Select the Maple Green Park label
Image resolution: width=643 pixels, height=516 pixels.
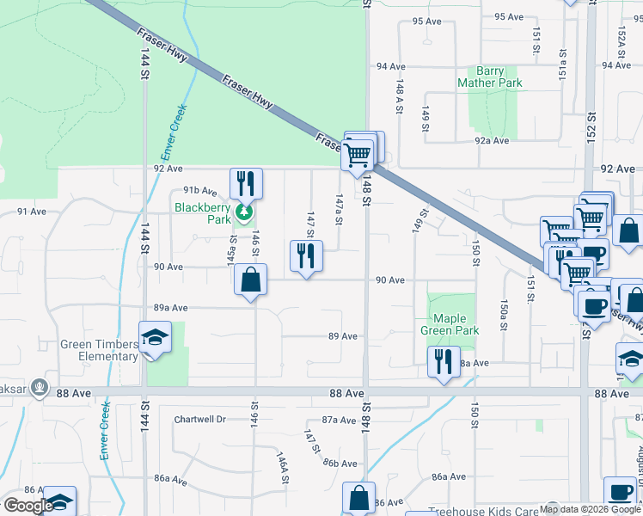450,323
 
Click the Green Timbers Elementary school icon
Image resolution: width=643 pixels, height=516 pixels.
155,337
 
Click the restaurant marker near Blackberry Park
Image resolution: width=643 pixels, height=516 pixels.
246,183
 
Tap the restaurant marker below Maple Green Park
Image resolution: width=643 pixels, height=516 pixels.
444,361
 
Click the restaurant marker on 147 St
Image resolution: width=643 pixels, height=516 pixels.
306,255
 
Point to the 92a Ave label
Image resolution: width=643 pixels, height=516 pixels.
493,140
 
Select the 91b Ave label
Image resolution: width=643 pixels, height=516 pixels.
199,191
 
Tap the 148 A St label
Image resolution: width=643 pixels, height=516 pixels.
400,89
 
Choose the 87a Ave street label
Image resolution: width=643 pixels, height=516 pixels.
339,420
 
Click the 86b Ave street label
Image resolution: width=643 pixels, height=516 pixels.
340,463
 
